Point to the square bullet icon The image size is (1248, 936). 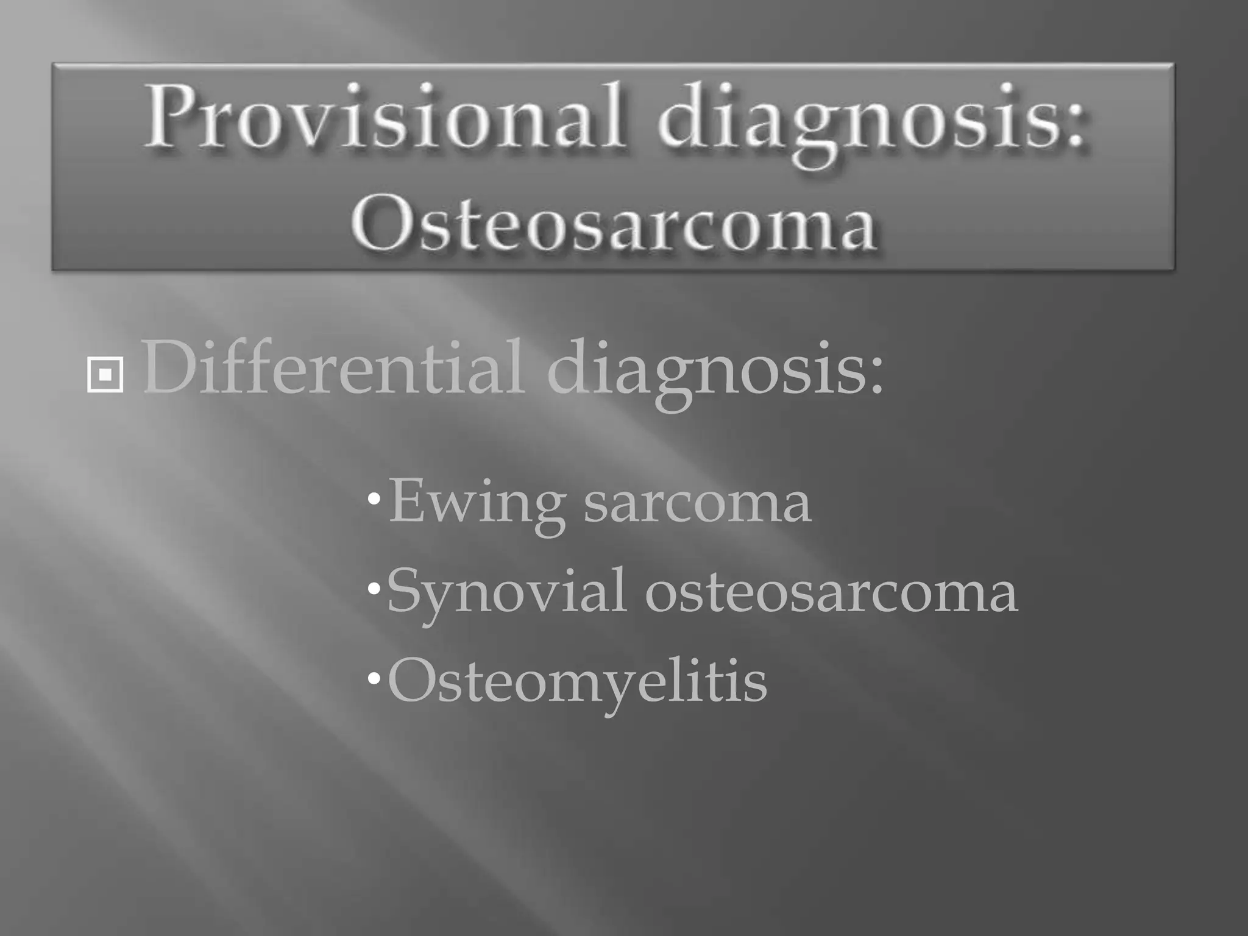click(x=105, y=375)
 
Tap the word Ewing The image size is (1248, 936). click(x=475, y=503)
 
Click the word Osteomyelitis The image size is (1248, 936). click(x=577, y=681)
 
